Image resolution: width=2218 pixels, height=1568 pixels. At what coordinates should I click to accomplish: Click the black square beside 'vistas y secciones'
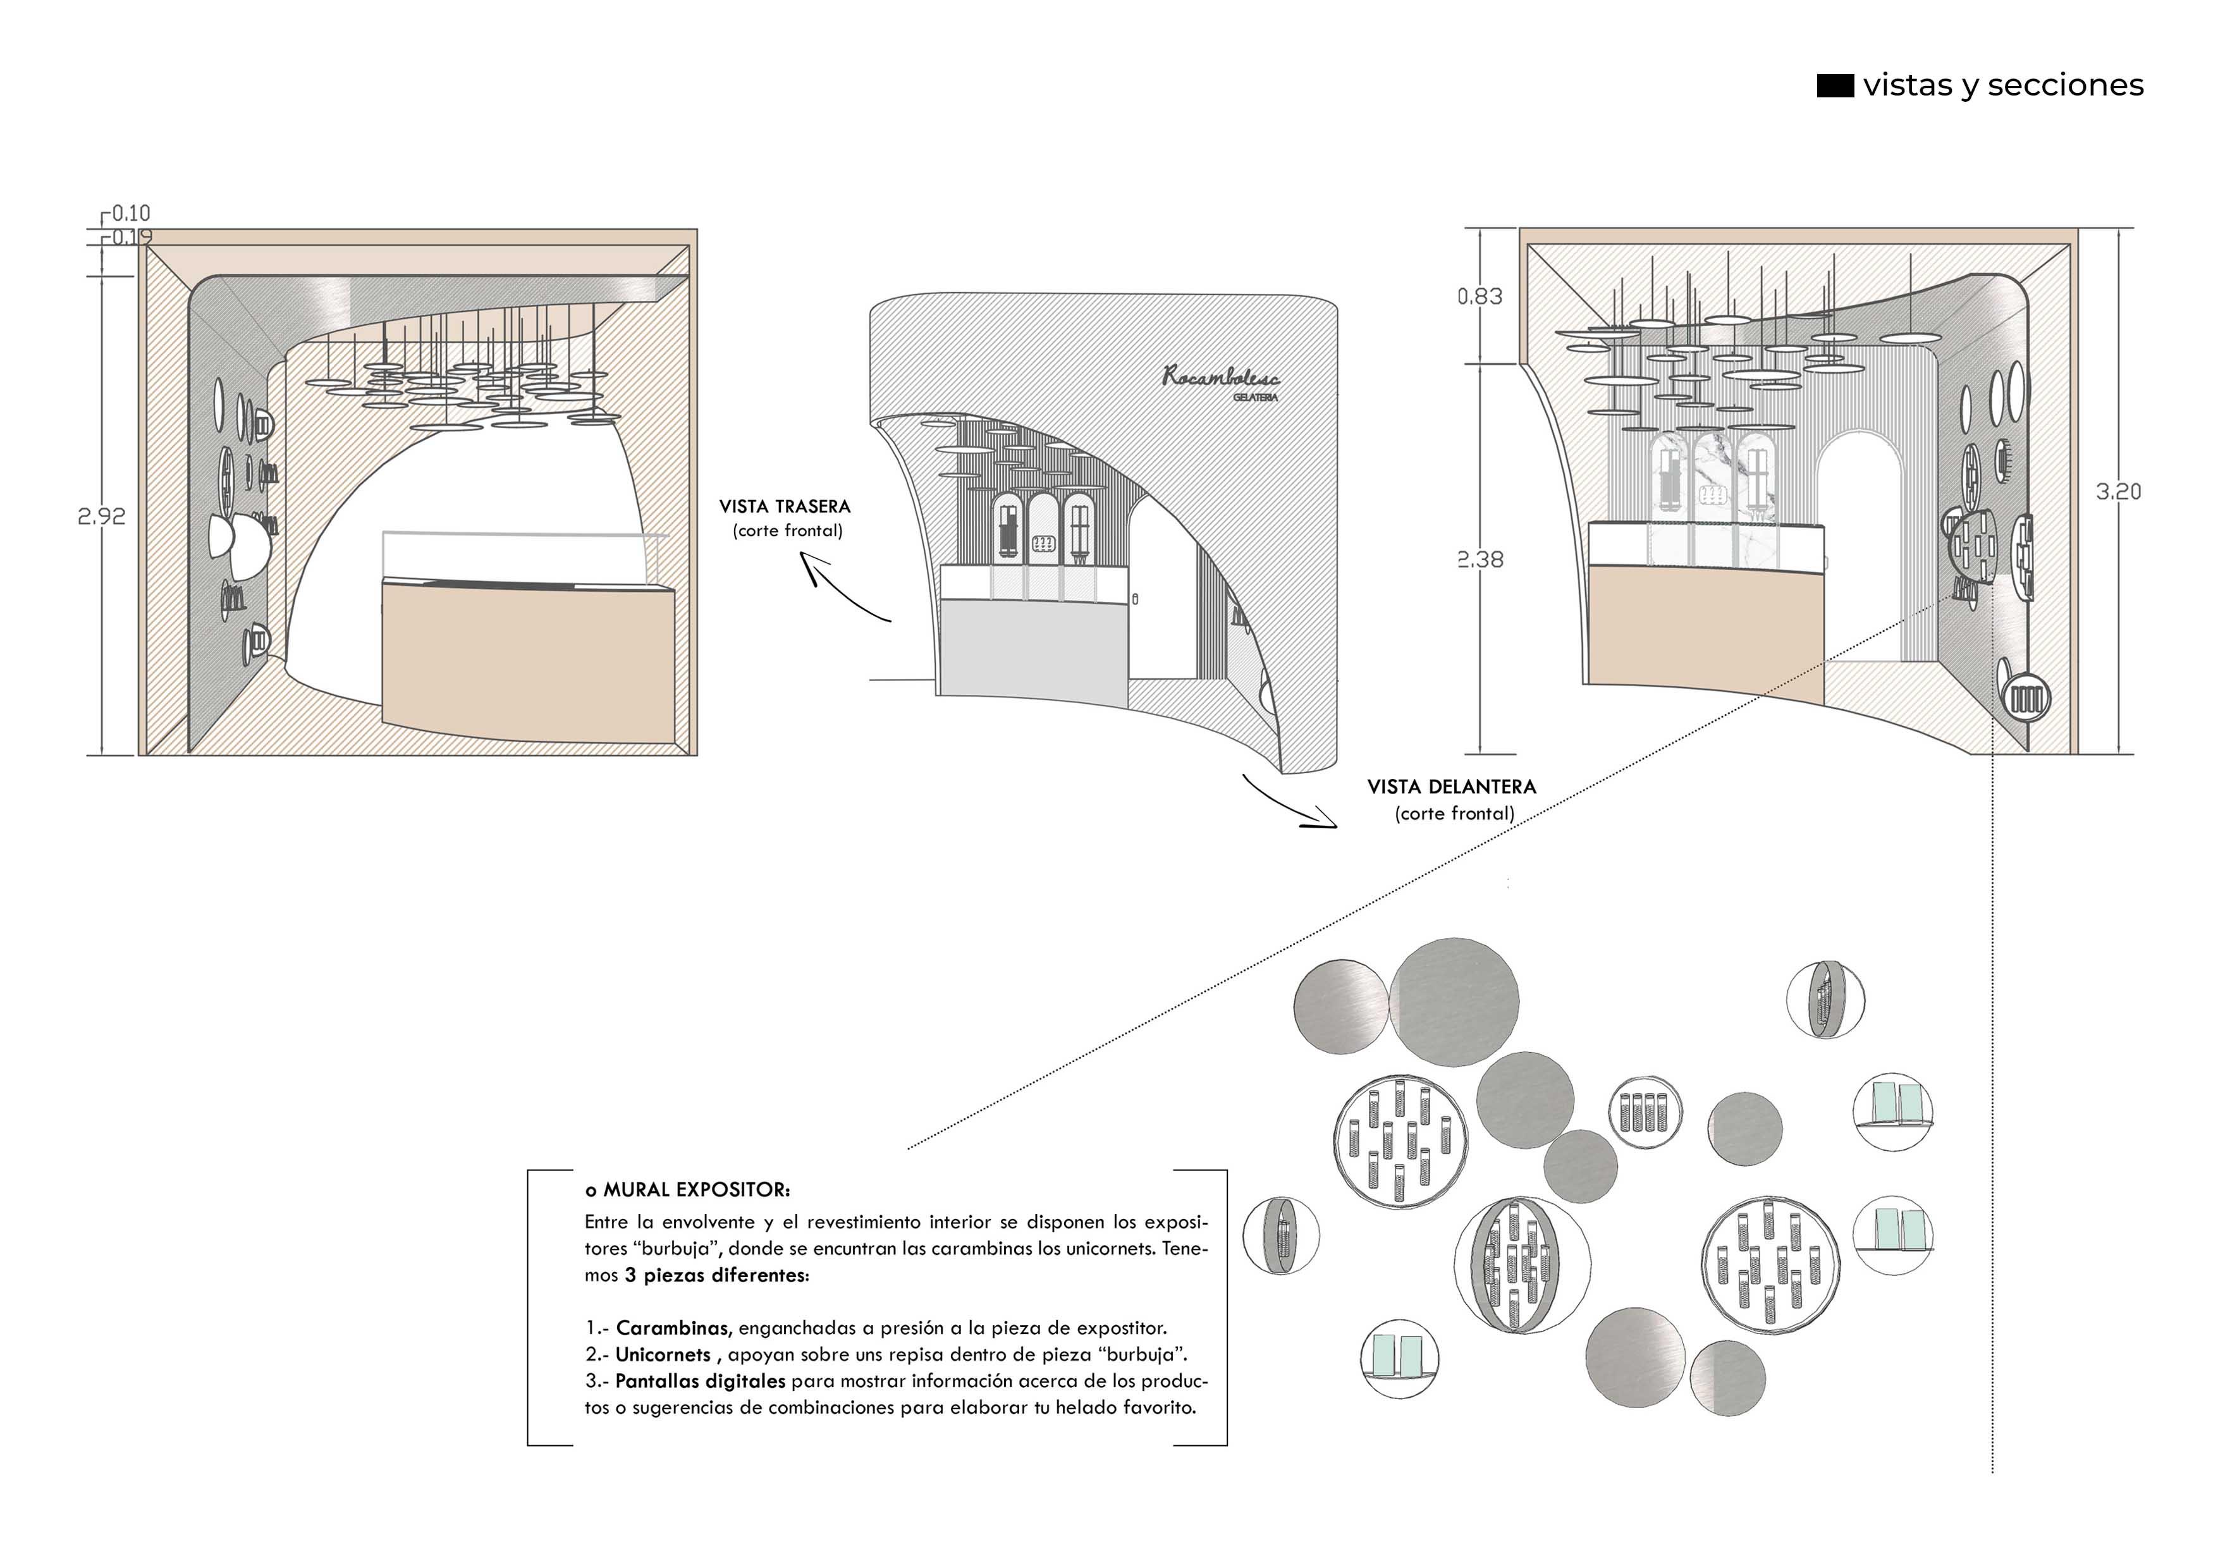[1834, 86]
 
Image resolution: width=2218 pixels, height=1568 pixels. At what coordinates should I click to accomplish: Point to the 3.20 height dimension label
[2117, 492]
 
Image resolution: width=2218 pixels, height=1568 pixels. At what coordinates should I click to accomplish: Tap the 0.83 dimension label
[1480, 297]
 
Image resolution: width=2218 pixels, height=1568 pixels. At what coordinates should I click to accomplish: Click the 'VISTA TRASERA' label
[785, 506]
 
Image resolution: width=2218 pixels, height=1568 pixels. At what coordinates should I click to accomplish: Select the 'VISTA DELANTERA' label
[1451, 787]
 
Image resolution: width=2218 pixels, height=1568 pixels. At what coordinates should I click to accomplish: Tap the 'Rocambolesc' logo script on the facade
[1220, 377]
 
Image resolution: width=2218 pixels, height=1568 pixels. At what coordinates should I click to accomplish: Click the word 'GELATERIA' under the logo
[1255, 397]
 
